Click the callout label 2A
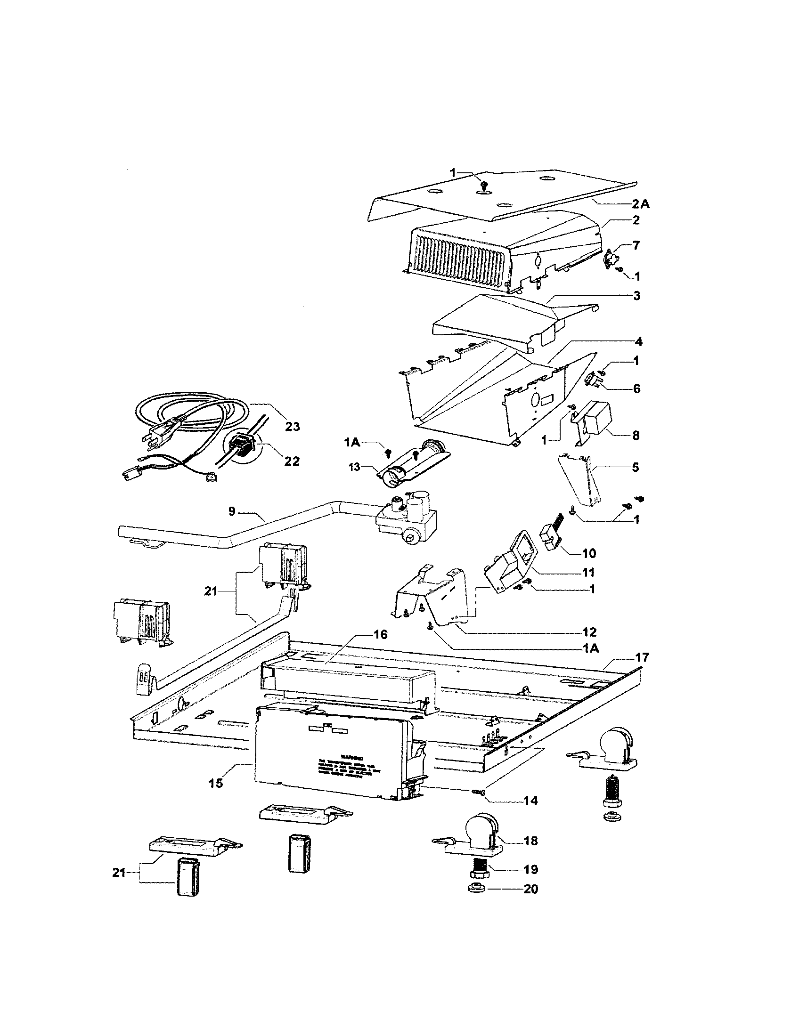tap(640, 204)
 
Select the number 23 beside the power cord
tap(292, 427)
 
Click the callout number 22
tap(291, 461)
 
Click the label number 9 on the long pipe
tap(232, 512)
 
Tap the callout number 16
tap(380, 635)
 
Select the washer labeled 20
tap(476, 888)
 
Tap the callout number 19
tap(530, 869)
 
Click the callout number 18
tap(530, 841)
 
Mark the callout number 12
tap(588, 632)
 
